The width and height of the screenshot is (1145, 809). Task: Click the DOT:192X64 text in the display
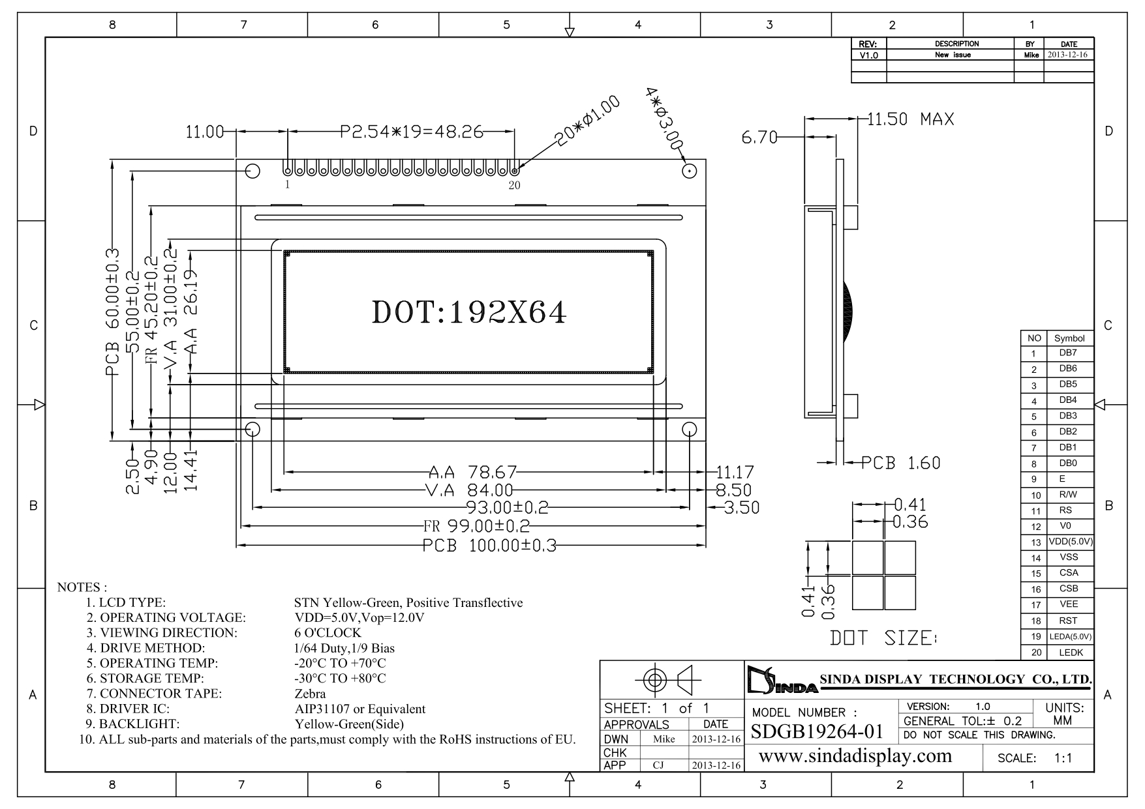click(x=468, y=313)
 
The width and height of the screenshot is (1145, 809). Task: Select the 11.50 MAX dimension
click(x=910, y=119)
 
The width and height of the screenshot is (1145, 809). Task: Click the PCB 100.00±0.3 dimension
click(x=489, y=546)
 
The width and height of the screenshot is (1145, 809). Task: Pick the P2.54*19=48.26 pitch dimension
click(x=411, y=132)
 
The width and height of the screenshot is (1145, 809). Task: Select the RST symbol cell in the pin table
click(x=1069, y=621)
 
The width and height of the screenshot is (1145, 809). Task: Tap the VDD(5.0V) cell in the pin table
click(x=1070, y=542)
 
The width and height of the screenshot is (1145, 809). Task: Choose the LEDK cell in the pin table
click(x=1070, y=652)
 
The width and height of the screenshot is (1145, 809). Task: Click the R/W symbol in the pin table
click(x=1069, y=495)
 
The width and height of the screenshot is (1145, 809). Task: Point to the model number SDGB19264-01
click(x=817, y=731)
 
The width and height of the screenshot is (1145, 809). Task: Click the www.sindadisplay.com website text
click(x=855, y=756)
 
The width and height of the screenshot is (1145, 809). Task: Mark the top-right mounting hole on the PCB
click(x=689, y=171)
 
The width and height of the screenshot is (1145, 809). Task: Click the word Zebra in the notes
click(x=310, y=694)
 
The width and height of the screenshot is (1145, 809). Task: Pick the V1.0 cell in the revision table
click(x=868, y=55)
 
